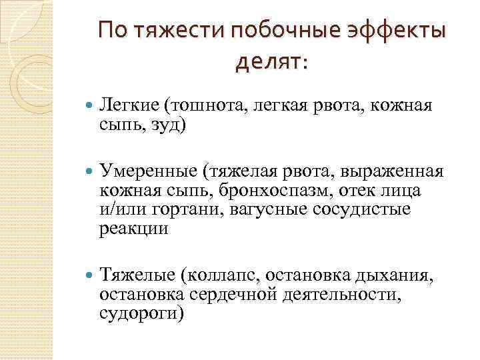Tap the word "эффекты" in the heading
pyautogui.click(x=402, y=32)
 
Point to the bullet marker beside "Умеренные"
pyautogui.click(x=89, y=170)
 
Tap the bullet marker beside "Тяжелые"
pyautogui.click(x=89, y=274)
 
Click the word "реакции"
pyautogui.click(x=133, y=229)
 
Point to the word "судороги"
pyautogui.click(x=141, y=313)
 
